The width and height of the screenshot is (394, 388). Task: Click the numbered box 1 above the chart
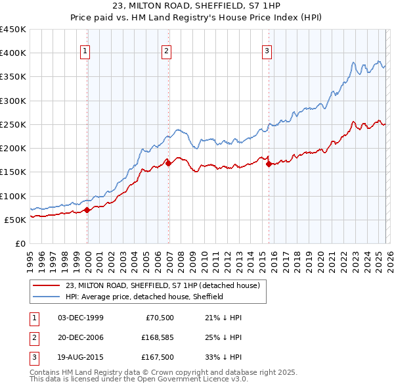point(87,52)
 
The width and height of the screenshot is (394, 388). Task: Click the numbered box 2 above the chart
point(167,52)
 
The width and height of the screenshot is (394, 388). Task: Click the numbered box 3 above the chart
point(267,52)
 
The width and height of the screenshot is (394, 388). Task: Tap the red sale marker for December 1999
point(87,210)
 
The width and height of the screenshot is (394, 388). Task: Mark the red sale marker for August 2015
point(269,164)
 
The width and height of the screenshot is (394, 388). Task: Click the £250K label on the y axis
point(13,124)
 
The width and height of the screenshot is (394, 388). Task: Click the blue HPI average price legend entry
point(144,297)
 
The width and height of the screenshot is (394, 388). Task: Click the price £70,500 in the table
point(159,318)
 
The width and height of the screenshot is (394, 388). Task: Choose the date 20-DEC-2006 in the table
point(81,338)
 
